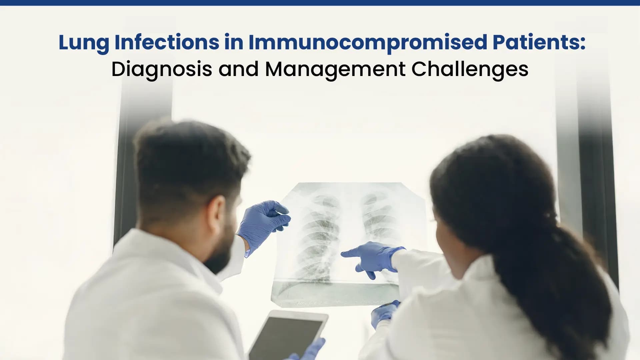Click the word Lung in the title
click(84, 43)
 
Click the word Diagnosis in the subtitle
click(162, 69)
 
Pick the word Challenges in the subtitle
click(470, 69)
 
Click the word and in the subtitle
click(238, 69)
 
